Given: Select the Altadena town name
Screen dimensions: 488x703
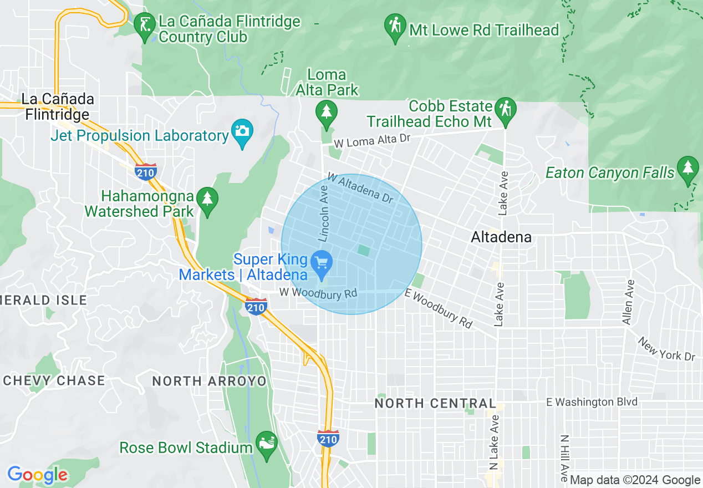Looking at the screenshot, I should (501, 237).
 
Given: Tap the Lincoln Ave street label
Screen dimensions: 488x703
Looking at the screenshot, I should (324, 213).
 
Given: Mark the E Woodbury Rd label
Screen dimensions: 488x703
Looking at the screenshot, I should (438, 308).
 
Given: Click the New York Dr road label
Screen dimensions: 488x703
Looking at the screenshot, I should (666, 348).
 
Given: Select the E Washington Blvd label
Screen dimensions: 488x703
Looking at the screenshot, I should (591, 402).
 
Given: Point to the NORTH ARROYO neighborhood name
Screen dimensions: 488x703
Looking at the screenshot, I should (209, 382).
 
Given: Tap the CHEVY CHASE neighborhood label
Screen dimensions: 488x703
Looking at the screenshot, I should (54, 381).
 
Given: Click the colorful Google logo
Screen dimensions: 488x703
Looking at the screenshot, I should (37, 475).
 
